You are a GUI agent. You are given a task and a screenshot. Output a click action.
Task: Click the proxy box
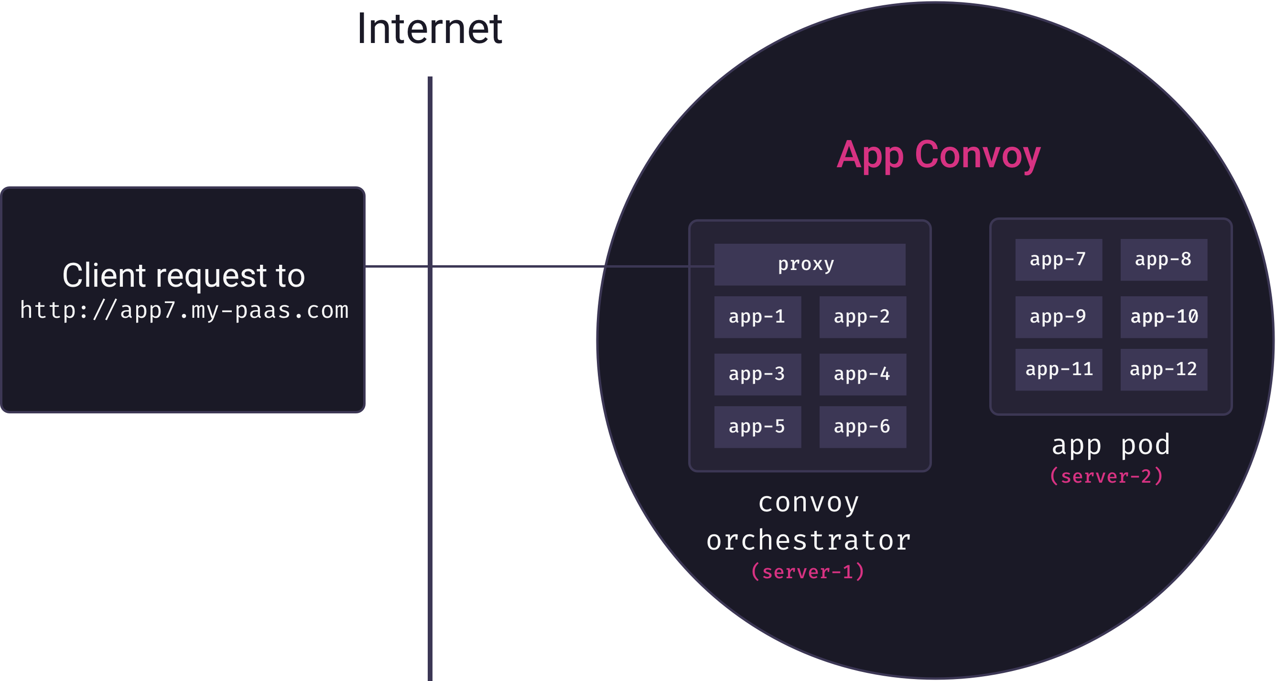[x=810, y=264]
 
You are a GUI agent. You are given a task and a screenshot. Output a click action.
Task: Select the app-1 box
[x=757, y=317]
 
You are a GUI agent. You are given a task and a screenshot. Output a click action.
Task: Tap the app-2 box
[x=863, y=317]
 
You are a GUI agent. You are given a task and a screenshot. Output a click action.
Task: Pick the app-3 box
[x=757, y=374]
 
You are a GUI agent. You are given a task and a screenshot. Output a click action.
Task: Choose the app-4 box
[x=863, y=374]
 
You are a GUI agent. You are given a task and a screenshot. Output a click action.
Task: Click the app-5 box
[x=757, y=426]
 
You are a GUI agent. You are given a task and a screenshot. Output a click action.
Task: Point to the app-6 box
[x=863, y=426]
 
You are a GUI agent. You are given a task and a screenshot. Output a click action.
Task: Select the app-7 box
[x=1059, y=259]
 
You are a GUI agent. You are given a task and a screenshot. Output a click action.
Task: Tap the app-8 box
[x=1164, y=259]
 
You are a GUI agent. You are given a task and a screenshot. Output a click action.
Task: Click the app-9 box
[x=1059, y=317]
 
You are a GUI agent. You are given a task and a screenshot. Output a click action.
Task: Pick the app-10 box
[x=1164, y=317]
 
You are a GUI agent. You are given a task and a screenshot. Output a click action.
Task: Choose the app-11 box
[x=1059, y=369]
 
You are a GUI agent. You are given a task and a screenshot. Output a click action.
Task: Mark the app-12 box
[x=1164, y=369]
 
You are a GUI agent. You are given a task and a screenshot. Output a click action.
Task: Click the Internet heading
[x=430, y=29]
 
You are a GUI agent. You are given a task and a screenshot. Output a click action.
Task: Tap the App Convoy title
[x=939, y=155]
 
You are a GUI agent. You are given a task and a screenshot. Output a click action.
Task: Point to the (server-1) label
[x=808, y=572]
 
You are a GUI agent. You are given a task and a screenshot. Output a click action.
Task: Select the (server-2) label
[x=1106, y=476]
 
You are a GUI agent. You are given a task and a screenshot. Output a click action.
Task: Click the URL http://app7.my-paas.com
[x=184, y=311]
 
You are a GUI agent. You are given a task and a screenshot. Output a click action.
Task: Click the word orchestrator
[x=809, y=540]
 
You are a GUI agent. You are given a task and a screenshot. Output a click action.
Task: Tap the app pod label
[x=1111, y=445]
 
